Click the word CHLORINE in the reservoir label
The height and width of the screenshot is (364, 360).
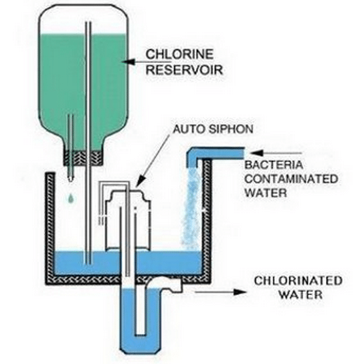179,54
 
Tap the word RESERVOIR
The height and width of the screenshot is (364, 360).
184,69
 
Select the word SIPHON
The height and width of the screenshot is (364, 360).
231,129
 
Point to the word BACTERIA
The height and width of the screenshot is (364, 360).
274,165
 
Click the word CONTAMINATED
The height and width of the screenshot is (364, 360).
291,179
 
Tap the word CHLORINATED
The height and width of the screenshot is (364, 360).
298,280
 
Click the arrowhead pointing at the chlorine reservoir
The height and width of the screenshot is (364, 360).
128,62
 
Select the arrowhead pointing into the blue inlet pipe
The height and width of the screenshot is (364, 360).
256,153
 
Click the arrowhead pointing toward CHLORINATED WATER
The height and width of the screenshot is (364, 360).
239,292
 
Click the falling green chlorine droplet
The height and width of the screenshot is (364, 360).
71,197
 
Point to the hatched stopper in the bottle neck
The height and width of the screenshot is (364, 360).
83,157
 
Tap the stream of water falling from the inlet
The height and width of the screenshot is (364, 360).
191,209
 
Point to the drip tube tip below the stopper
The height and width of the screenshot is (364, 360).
70,178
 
